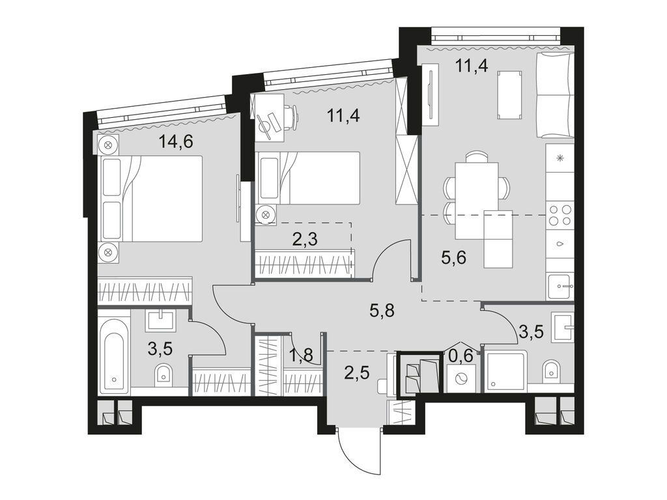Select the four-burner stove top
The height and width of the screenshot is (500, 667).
coord(560,215)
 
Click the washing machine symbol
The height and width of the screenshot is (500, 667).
coord(462,378)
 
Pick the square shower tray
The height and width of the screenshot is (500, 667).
coord(507,372)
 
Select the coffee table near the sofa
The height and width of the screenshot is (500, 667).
coord(509,96)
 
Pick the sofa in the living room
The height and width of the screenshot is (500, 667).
coord(554,95)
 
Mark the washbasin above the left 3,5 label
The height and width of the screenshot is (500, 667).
coord(161,320)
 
